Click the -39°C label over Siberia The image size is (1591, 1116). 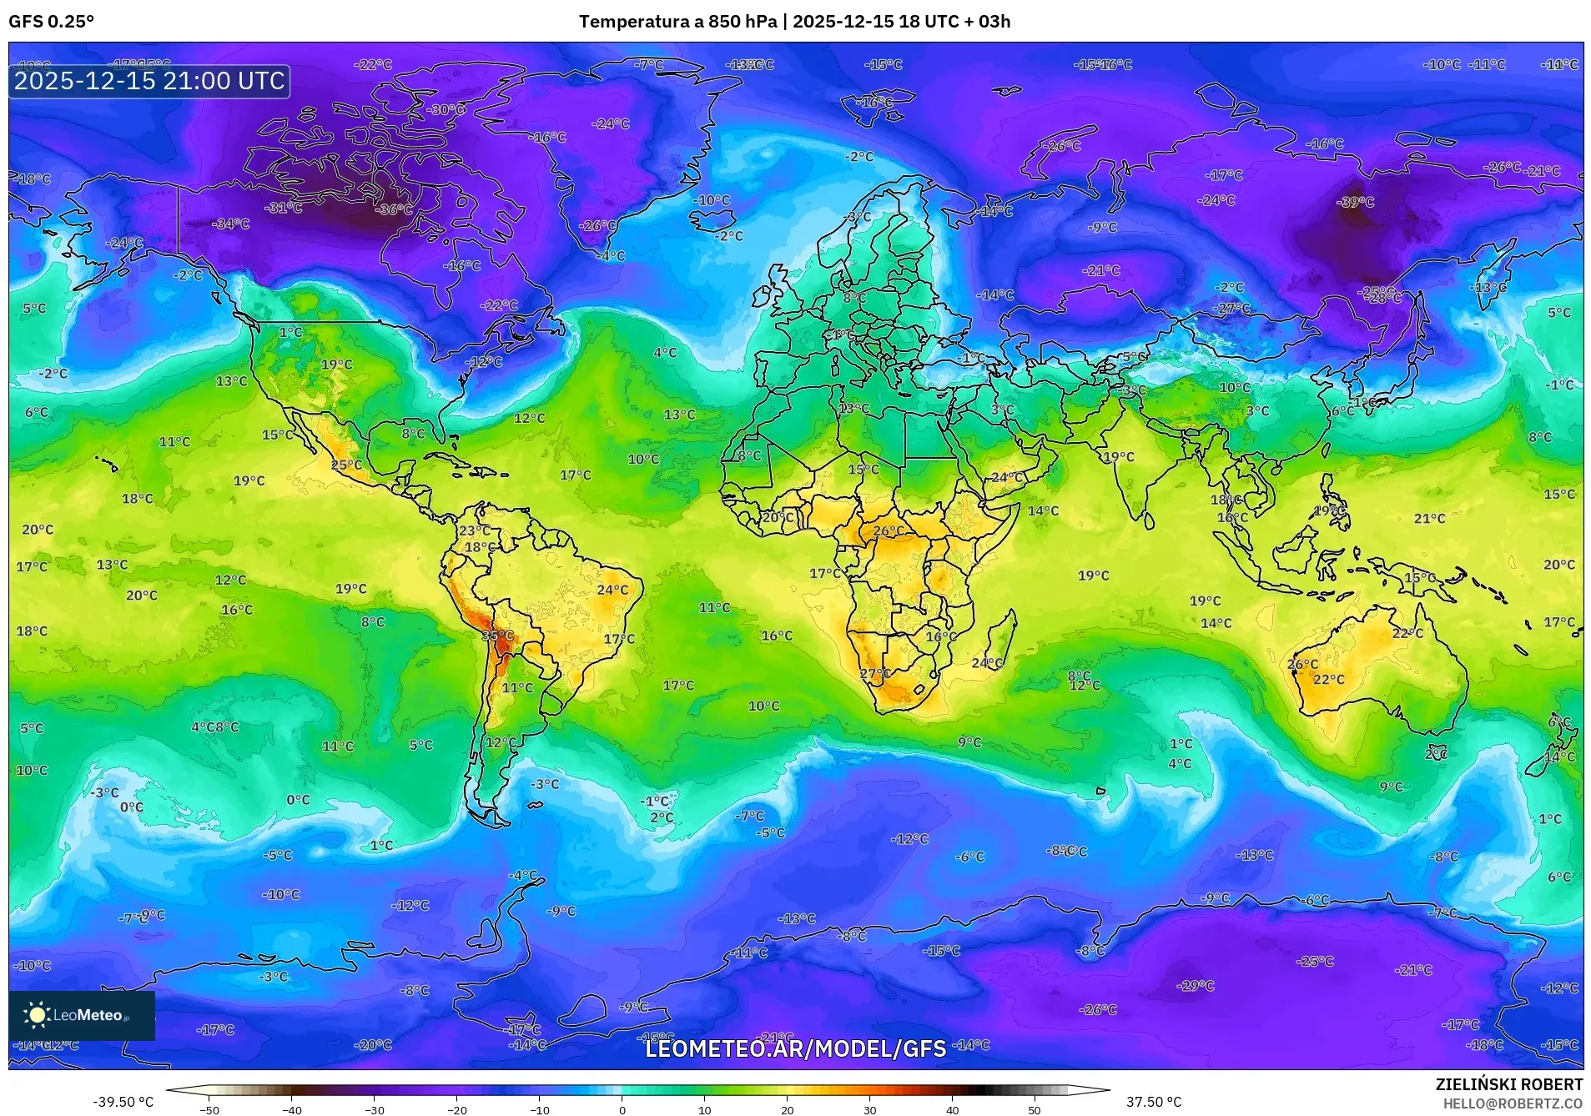pos(1355,202)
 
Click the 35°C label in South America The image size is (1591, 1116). pos(497,636)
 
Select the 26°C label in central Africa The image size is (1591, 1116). pos(889,530)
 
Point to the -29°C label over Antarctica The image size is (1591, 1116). pos(1195,986)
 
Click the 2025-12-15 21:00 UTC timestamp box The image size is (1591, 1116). pos(149,81)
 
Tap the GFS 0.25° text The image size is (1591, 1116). pos(51,22)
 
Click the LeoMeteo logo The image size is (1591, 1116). pos(81,1015)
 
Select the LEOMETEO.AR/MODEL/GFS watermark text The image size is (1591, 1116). pos(795,1048)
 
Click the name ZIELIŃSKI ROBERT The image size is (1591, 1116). pos(1508,1084)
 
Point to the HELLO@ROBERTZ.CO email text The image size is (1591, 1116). pos(1513,1103)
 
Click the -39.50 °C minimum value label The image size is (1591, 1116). pos(123,1102)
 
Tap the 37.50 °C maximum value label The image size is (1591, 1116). pos(1154,1102)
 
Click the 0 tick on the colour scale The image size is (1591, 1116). pos(622,1110)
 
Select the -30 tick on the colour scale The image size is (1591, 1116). pos(374,1110)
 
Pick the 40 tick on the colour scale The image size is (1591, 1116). pos(952,1110)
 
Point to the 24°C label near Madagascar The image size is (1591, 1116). pos(987,663)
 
